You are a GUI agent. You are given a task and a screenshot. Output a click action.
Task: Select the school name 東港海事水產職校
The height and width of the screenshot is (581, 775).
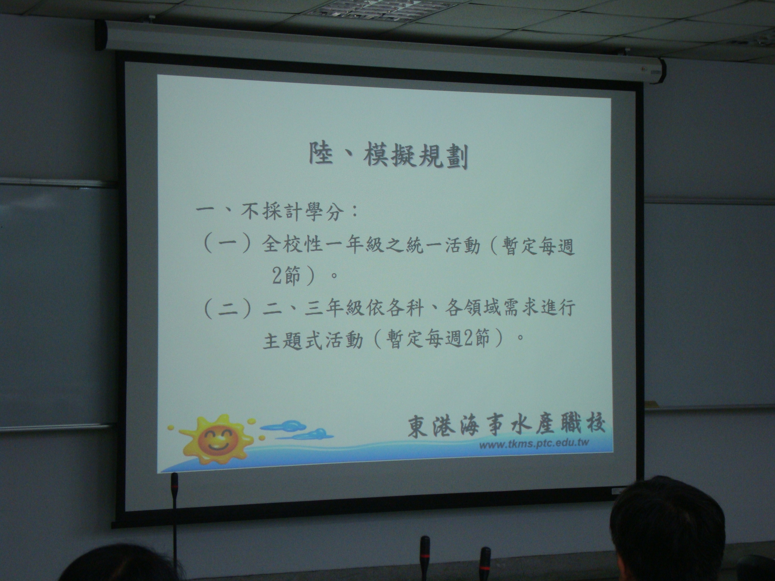[x=506, y=427]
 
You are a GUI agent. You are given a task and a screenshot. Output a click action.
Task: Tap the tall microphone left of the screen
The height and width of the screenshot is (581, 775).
[x=174, y=526]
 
